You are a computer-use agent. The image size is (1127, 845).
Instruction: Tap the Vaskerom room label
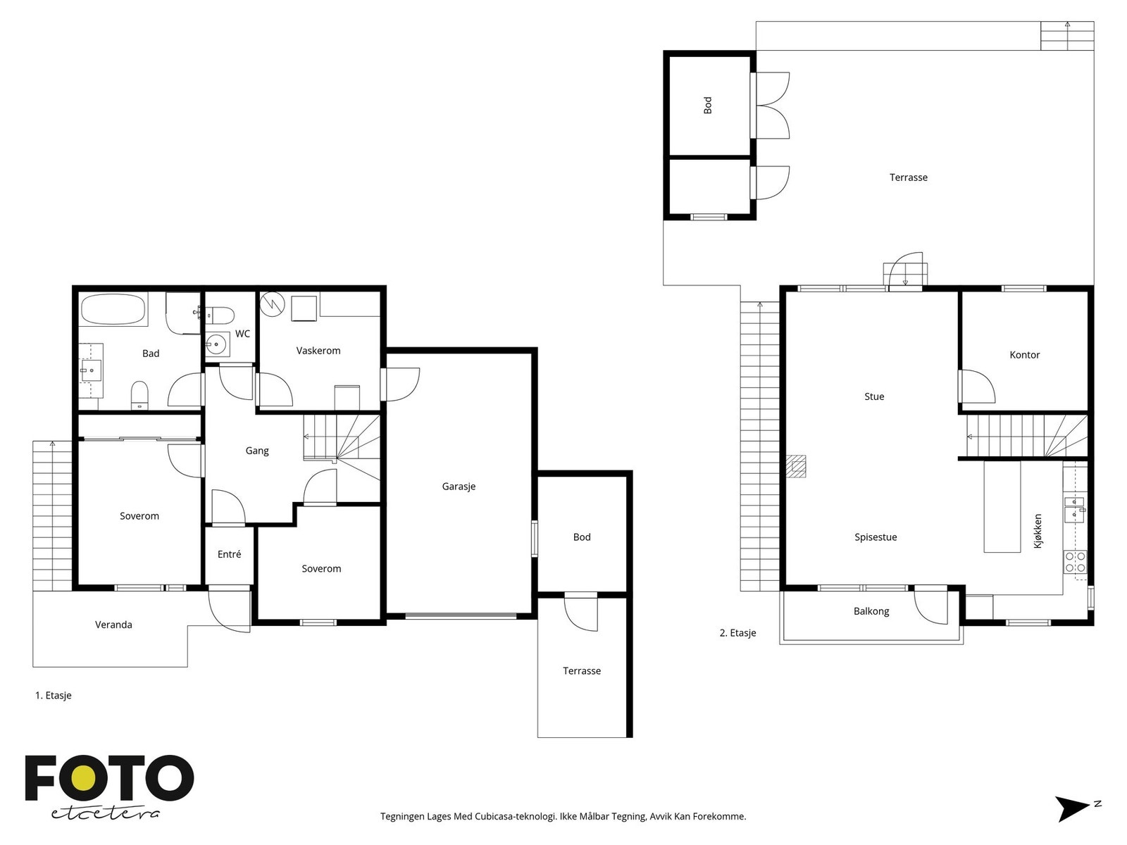tap(318, 351)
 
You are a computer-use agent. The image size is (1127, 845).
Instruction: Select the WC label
tap(242, 334)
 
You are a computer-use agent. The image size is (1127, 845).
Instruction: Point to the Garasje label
tap(459, 487)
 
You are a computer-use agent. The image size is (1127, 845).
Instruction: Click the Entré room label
tap(229, 554)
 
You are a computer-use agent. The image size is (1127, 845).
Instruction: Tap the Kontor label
tap(1024, 355)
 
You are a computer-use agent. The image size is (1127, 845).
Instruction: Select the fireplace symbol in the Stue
tap(796, 466)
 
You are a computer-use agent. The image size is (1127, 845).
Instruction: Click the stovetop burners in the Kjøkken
tap(1075, 562)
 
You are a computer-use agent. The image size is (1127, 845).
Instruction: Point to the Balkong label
tap(871, 611)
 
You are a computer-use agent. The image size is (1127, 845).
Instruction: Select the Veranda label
tap(113, 625)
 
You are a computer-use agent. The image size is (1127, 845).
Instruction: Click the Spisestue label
tap(876, 537)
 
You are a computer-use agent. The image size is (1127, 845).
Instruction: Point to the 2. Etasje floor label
tap(737, 633)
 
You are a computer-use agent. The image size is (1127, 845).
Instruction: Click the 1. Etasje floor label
tap(54, 696)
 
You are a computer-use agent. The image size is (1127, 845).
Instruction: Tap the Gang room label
tap(256, 451)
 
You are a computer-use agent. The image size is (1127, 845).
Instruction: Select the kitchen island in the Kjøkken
tap(1002, 506)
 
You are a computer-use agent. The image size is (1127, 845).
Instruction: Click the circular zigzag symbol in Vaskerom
tap(272, 303)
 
